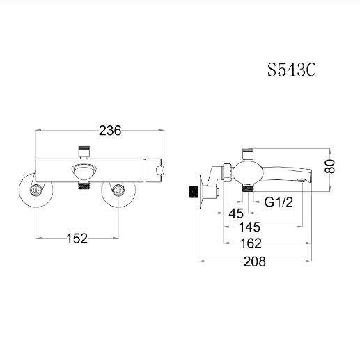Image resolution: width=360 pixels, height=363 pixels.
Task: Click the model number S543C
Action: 291,70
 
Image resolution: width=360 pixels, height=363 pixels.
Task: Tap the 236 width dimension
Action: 110,130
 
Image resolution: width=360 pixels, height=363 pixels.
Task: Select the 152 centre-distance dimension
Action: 77,239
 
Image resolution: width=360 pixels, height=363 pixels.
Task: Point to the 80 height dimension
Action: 330,166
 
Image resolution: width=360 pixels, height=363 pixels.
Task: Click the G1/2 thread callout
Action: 279,202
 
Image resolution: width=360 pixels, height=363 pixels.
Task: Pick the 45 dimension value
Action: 236,213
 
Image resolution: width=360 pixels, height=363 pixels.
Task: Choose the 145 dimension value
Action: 249,227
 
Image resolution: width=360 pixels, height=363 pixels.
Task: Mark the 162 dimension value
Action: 251,243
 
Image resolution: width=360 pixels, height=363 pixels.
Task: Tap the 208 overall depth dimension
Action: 255,261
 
